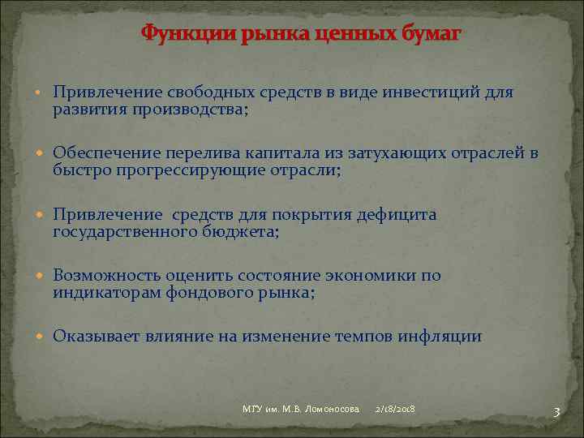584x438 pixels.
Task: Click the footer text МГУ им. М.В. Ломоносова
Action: click(300, 408)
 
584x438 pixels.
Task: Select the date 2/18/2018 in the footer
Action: click(395, 408)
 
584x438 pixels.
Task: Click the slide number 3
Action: click(556, 412)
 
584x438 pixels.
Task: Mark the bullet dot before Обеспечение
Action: click(43, 154)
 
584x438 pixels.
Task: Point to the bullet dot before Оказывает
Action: click(43, 337)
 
